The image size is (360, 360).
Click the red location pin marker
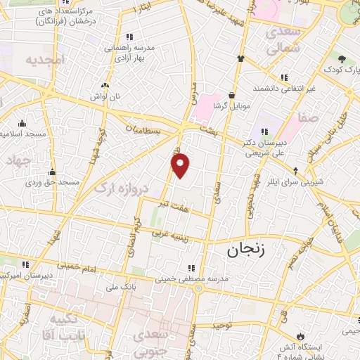(181, 165)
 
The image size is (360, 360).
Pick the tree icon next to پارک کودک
(342, 60)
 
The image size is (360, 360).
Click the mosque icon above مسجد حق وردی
(51, 172)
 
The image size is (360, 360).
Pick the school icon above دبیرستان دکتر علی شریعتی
(264, 131)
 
